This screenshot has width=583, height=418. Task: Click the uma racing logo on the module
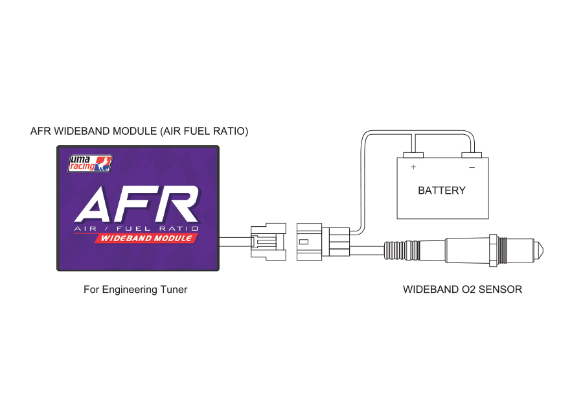tap(91, 164)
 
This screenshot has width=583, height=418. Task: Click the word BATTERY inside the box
tap(442, 191)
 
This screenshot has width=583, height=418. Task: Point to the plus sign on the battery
tap(413, 167)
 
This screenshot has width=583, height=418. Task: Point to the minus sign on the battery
tap(472, 167)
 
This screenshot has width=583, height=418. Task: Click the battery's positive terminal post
tap(413, 156)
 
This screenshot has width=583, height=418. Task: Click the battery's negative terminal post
tap(472, 156)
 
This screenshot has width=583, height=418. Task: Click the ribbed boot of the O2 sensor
tap(402, 249)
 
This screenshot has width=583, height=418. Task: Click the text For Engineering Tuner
tap(135, 290)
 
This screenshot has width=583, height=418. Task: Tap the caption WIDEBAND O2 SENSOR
tap(462, 290)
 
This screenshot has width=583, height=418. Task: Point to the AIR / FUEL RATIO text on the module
tap(136, 229)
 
